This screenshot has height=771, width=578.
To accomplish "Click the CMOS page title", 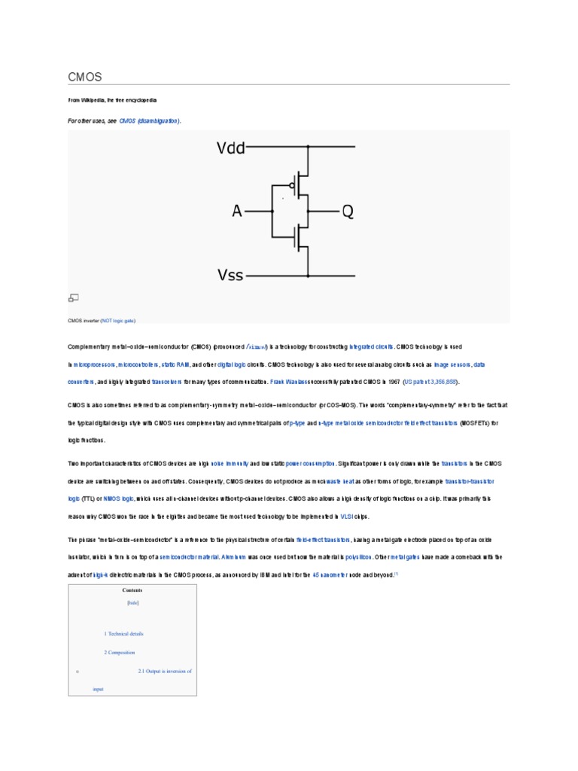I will (84, 78).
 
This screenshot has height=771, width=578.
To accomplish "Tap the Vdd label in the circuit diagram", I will (231, 148).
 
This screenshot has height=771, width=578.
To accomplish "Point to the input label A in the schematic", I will (237, 212).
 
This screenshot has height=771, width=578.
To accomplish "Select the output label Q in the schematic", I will (347, 212).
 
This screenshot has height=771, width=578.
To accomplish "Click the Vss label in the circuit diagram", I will (230, 275).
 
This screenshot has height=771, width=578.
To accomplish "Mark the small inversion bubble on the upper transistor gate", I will (291, 183).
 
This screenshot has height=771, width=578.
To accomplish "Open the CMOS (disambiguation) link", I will (150, 120).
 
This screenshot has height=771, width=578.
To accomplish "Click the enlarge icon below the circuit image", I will (74, 298).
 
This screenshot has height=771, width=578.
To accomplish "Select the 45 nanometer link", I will (330, 575).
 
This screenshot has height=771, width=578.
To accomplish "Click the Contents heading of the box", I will (132, 590).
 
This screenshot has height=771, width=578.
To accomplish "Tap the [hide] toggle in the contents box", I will (132, 603).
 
